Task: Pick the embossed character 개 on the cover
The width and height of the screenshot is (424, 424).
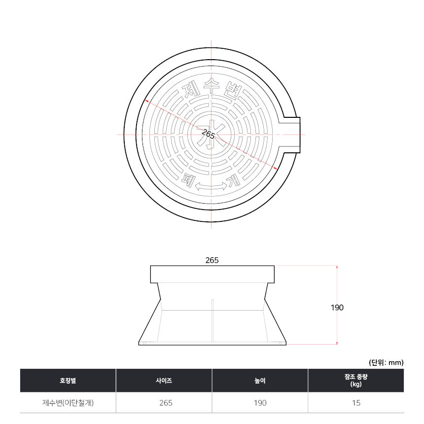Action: click(x=234, y=180)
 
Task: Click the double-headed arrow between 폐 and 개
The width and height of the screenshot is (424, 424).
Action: click(x=211, y=186)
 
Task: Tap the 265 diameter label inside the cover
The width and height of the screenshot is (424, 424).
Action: click(x=208, y=134)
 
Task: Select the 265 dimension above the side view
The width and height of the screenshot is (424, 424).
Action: click(x=212, y=260)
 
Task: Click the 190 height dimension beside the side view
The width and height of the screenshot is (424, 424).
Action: click(x=337, y=308)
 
